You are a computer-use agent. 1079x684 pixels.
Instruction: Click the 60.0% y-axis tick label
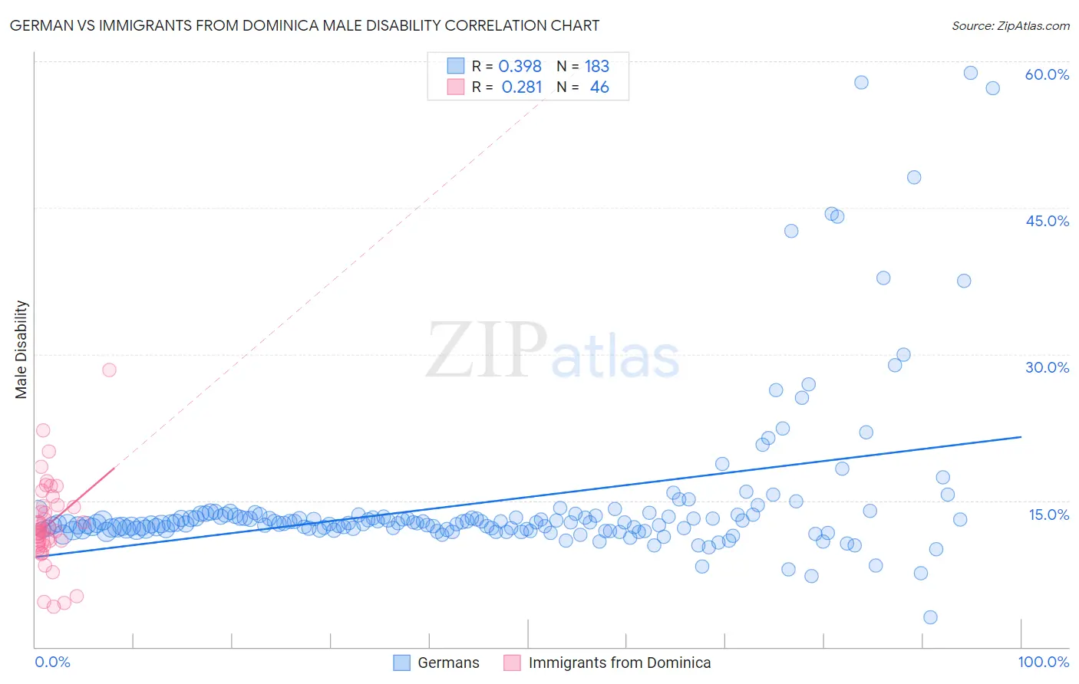click(x=1047, y=74)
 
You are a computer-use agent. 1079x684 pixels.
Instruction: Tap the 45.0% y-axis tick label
click(x=1047, y=221)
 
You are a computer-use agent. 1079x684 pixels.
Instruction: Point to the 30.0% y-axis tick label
click(x=1047, y=367)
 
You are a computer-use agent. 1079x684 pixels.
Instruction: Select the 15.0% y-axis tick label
click(x=1048, y=515)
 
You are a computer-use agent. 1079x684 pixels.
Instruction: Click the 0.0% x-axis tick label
click(x=52, y=662)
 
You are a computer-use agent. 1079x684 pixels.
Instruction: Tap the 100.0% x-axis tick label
click(x=1043, y=662)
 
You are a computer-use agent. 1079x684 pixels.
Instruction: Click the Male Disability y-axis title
click(x=21, y=349)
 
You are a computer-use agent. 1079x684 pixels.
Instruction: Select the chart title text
click(x=304, y=25)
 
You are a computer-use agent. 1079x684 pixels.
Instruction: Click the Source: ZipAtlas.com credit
click(x=1010, y=25)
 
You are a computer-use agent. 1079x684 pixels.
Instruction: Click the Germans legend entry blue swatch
click(x=401, y=663)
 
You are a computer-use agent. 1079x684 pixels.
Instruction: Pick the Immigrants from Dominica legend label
click(x=619, y=663)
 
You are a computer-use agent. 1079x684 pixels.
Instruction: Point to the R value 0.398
click(x=520, y=66)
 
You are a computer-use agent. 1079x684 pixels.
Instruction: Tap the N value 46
click(x=599, y=87)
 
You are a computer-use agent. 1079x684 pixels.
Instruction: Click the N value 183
click(x=596, y=66)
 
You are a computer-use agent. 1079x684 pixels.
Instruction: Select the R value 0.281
click(x=521, y=87)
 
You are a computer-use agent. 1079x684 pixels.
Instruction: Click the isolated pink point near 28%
click(x=109, y=370)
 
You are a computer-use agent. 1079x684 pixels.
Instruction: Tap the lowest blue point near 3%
click(x=930, y=617)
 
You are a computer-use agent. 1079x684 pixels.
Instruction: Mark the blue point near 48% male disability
click(x=913, y=177)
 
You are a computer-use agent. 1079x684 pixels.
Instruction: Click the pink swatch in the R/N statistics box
click(x=456, y=87)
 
